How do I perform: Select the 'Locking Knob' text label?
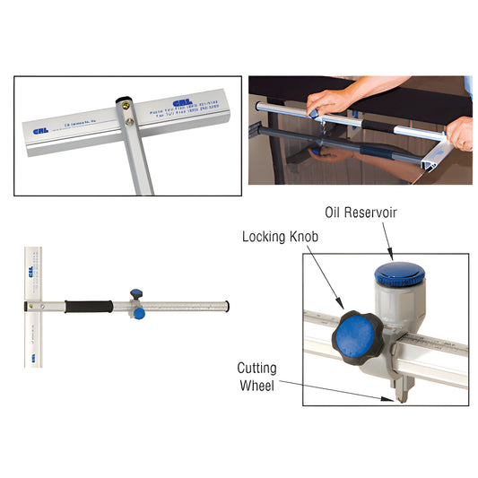point(281,237)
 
